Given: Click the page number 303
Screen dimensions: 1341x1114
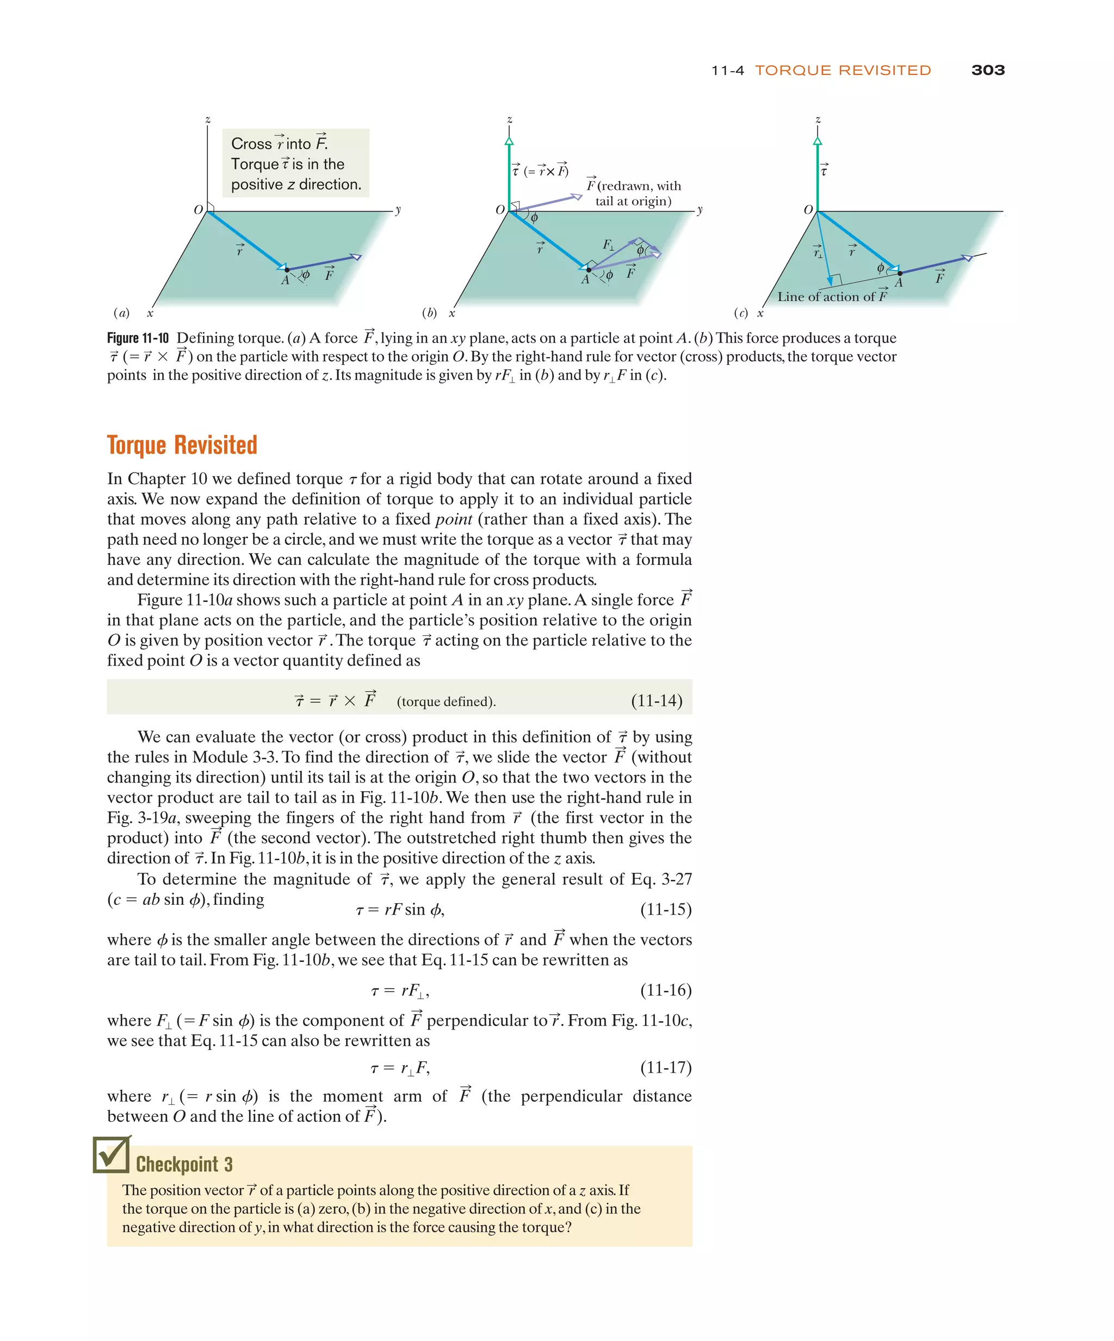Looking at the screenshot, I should [x=987, y=70].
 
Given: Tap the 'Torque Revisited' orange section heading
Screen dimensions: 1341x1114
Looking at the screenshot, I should [x=182, y=445].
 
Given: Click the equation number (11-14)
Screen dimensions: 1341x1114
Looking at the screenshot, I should [x=656, y=700].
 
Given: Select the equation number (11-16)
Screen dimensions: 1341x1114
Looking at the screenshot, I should [x=666, y=990].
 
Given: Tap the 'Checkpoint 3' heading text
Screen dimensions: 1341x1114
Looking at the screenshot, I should [x=184, y=1164].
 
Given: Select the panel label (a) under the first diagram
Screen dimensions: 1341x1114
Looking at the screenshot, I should [x=121, y=313].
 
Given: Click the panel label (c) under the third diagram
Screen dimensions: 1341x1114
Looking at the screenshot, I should [x=740, y=313].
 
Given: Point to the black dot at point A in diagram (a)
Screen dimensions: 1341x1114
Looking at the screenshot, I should [x=286, y=270].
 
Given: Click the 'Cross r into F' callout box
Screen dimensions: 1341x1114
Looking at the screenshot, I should [x=295, y=164].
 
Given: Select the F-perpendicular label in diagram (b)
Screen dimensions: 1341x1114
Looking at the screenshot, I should [x=608, y=245].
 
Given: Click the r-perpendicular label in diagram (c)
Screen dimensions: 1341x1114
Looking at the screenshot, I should [x=818, y=252].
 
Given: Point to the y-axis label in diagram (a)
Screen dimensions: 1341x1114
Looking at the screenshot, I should [x=398, y=209].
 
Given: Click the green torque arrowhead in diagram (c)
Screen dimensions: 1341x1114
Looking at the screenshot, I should [x=817, y=141].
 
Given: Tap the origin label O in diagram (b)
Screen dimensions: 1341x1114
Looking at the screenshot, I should [x=499, y=209].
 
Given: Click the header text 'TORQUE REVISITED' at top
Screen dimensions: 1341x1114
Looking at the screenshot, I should [x=843, y=70].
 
